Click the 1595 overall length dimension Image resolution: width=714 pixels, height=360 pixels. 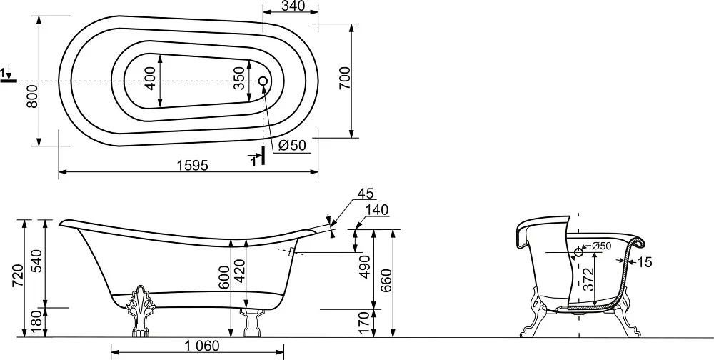(x=193, y=165)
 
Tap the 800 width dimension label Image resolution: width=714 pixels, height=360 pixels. (x=32, y=96)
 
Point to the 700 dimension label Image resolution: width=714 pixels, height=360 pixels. (x=345, y=77)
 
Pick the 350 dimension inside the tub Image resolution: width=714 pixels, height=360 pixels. (x=239, y=78)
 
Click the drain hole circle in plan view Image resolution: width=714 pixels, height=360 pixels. (x=263, y=81)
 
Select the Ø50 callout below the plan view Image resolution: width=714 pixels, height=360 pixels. (x=291, y=146)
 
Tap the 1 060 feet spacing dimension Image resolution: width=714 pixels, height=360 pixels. (x=202, y=346)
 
